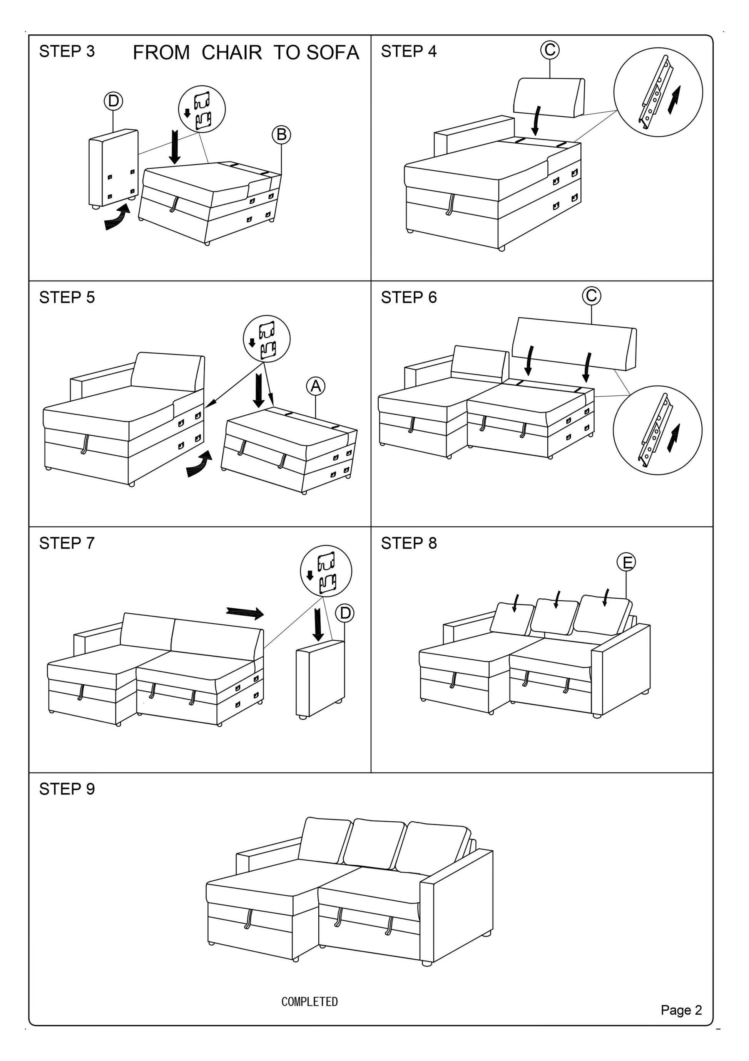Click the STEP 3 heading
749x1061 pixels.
(x=67, y=51)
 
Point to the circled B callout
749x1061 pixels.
(x=281, y=134)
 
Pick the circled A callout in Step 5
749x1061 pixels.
(x=316, y=386)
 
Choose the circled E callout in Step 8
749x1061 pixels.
(x=626, y=562)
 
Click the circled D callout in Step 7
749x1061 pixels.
(x=344, y=613)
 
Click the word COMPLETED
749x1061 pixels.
(x=309, y=1002)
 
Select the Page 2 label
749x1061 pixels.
(x=681, y=1023)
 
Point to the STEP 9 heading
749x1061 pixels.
(x=67, y=789)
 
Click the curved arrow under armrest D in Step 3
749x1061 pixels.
(x=117, y=217)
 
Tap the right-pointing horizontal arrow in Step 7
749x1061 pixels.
(x=245, y=613)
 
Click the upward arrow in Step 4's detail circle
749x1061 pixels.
(x=675, y=99)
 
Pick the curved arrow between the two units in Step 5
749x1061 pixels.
(x=199, y=464)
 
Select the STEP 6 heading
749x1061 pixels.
(x=409, y=297)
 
